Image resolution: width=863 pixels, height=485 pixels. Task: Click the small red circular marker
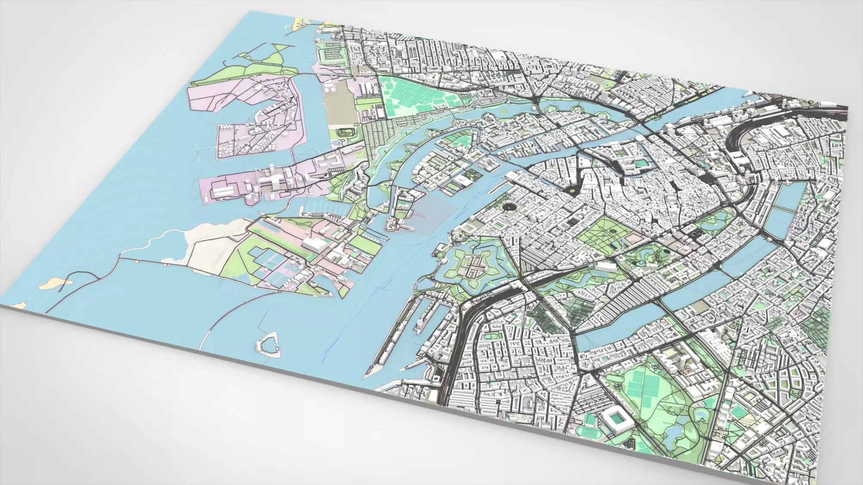pos(689,369)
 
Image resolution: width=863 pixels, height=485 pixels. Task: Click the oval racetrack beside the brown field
pos(345,132)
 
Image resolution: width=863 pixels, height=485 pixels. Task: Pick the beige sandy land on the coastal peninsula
pos(207,241)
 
